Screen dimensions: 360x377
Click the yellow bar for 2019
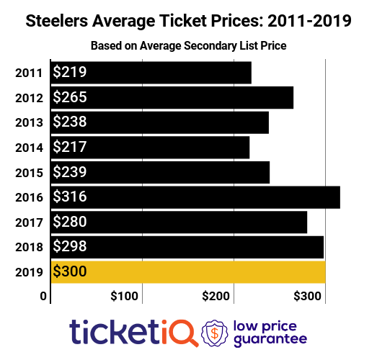tap(187, 271)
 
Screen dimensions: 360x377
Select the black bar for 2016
tap(195, 197)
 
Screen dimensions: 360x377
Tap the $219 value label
tap(70, 73)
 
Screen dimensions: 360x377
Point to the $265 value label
tap(70, 97)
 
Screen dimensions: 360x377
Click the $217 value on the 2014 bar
tap(70, 147)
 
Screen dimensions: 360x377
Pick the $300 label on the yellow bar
tap(70, 271)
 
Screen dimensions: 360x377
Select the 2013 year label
tap(28, 122)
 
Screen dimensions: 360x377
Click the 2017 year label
tap(28, 222)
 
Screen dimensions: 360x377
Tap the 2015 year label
tap(28, 172)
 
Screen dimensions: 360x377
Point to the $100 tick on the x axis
tap(124, 296)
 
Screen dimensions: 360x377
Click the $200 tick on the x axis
tap(216, 296)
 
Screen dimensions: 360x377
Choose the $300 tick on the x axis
tap(308, 296)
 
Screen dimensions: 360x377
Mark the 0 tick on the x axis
tap(43, 296)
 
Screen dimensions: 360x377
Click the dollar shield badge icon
tap(216, 332)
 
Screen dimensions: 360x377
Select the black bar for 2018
tap(187, 246)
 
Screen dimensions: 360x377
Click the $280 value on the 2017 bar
tap(70, 222)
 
